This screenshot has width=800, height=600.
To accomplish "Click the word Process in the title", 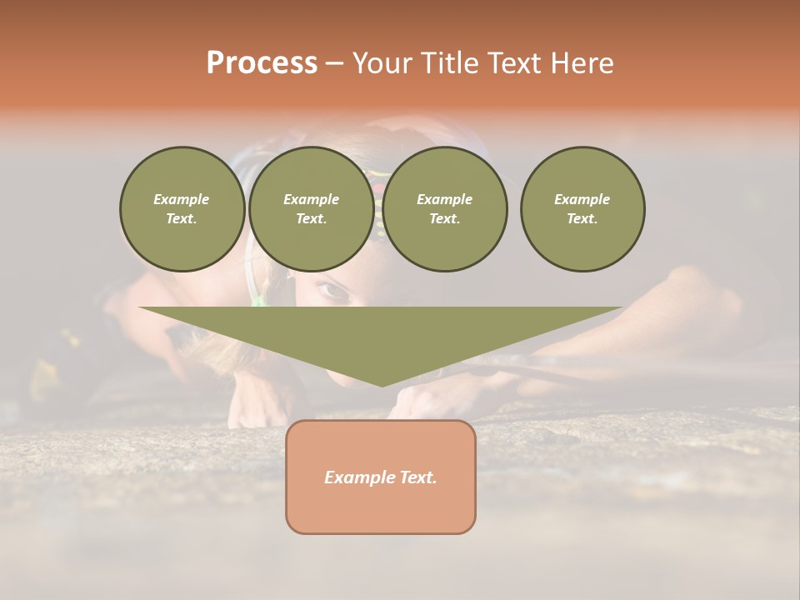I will [262, 63].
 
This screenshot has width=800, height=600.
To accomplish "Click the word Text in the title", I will [513, 63].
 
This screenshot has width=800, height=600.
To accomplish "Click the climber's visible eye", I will [332, 291].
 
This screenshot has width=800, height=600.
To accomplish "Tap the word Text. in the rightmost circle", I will [582, 218].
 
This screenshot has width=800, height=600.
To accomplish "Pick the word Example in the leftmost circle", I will [182, 199].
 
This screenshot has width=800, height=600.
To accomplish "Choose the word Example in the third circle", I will [445, 199].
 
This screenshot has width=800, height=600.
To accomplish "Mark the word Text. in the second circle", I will [311, 218].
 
